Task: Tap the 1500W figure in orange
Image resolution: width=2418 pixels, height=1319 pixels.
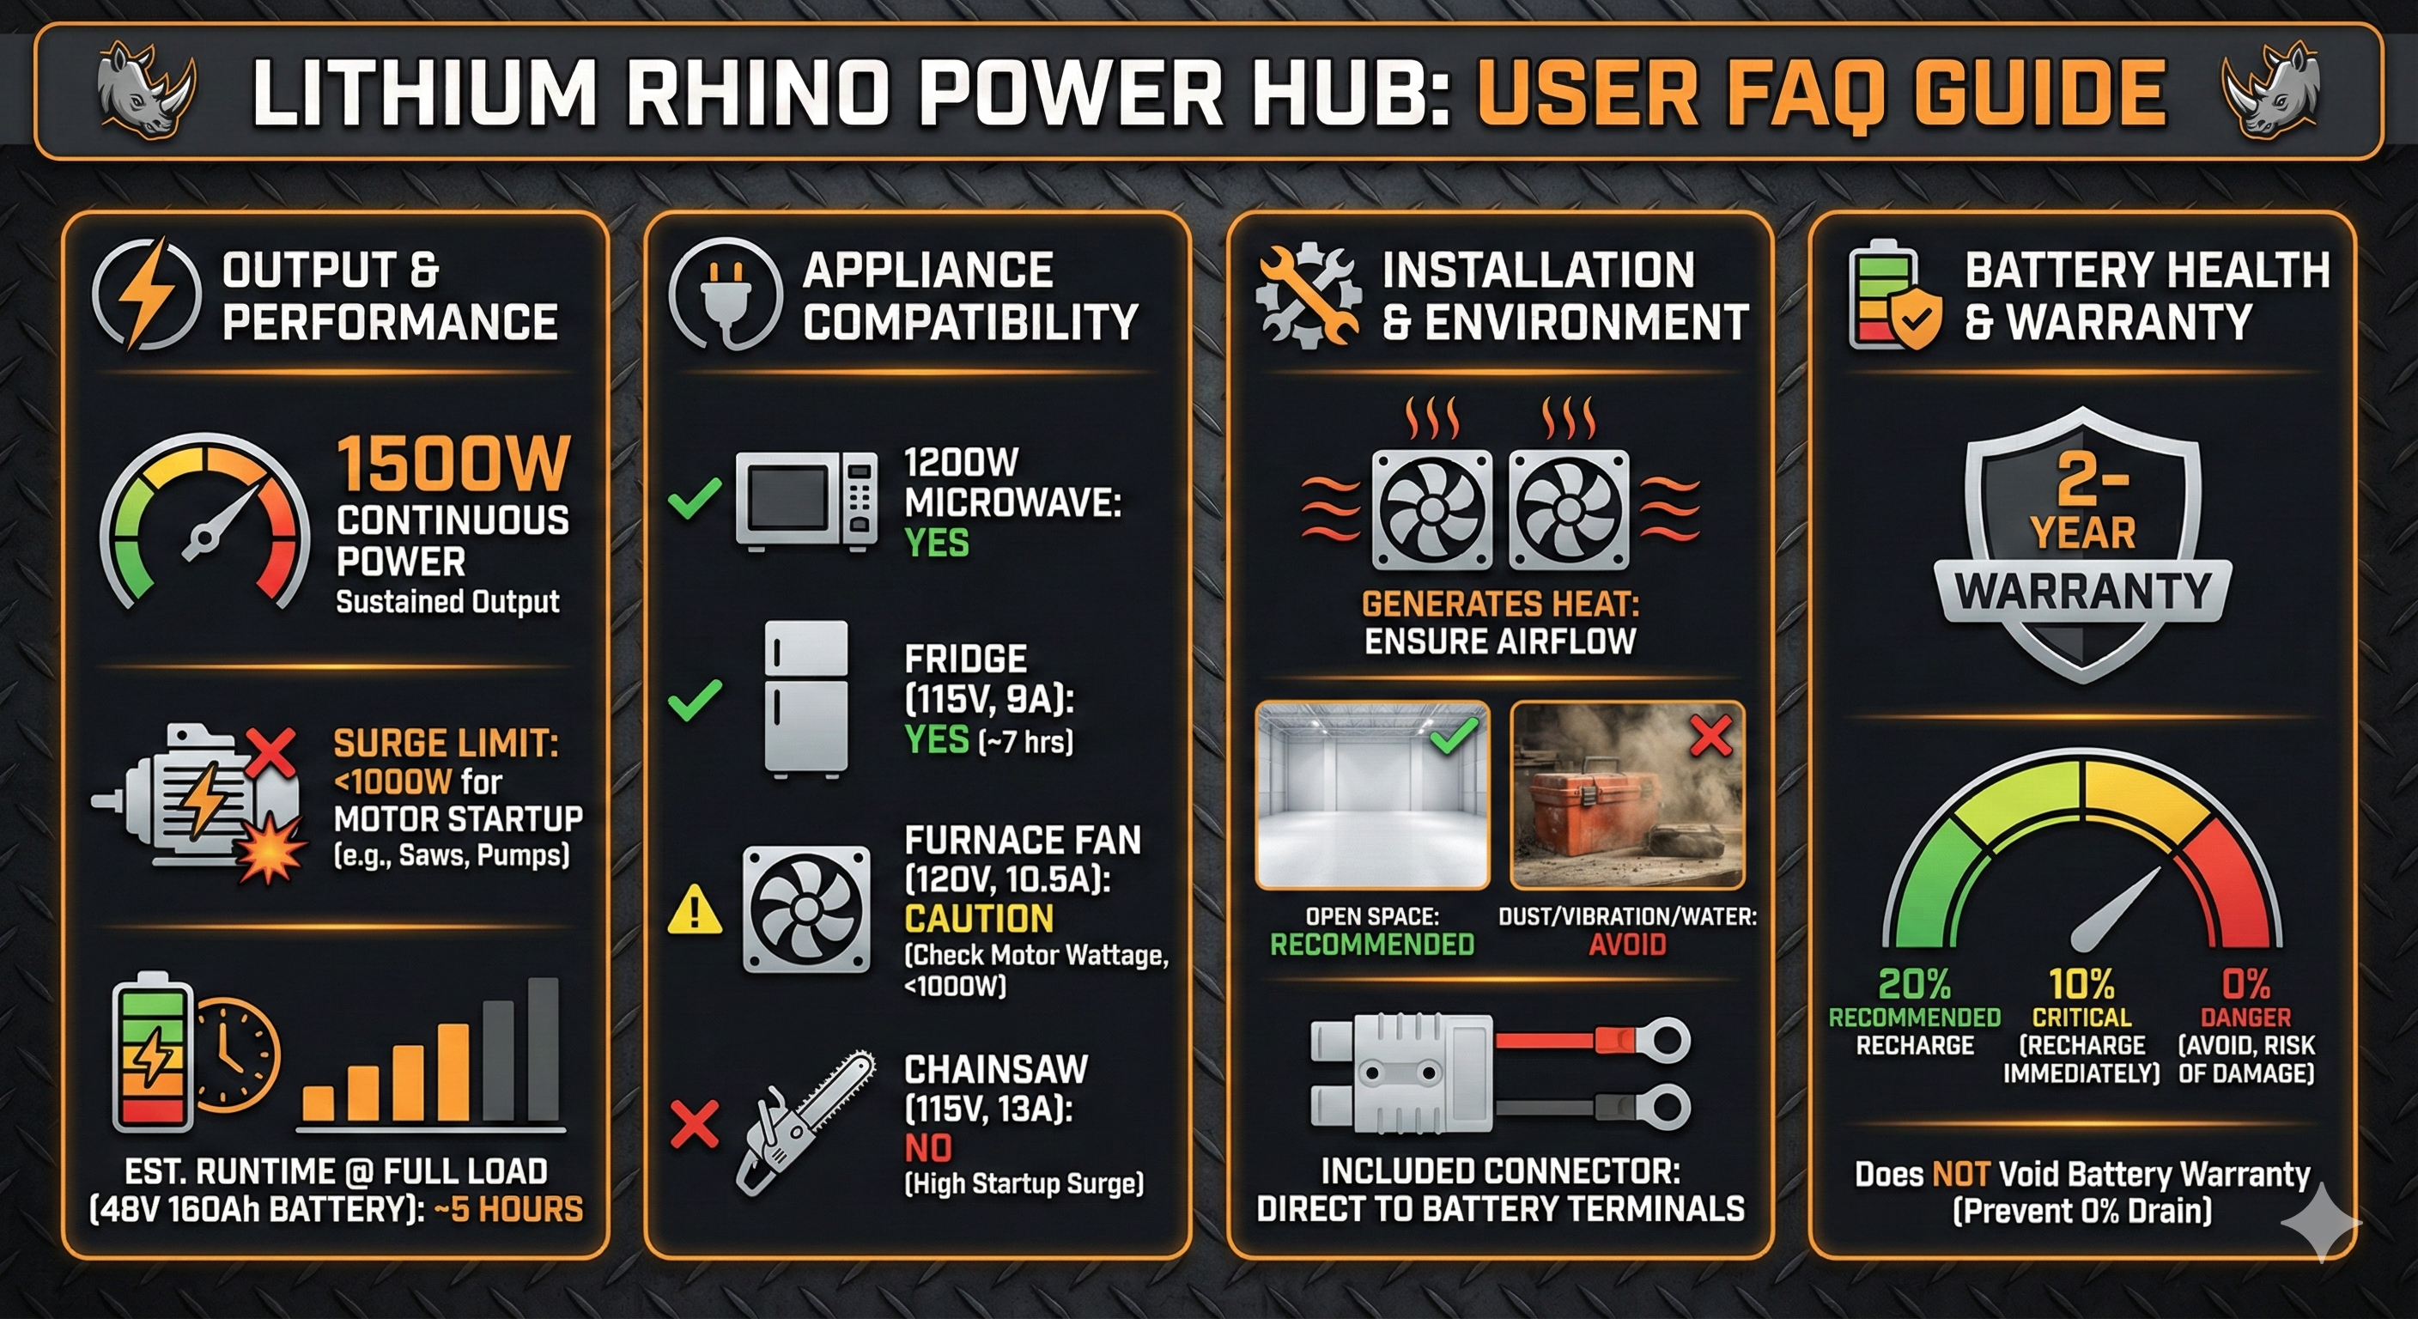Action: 453,463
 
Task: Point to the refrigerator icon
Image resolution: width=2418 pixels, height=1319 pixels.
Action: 806,698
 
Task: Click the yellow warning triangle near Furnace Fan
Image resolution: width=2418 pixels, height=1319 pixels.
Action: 695,909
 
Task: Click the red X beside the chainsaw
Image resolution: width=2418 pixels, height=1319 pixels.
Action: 695,1124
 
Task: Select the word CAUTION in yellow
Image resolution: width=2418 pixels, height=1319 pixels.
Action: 978,918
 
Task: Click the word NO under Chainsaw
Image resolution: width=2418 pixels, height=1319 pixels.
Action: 927,1147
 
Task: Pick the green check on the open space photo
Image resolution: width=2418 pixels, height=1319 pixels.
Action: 1453,734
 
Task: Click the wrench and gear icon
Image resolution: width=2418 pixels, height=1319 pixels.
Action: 1308,294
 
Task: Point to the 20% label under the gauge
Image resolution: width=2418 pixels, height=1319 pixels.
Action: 1914,984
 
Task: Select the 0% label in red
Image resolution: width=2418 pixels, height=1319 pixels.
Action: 2245,984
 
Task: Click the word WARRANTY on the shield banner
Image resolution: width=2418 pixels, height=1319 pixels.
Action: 2082,592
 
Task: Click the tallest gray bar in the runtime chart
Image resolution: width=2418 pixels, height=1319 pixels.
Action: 543,1049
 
